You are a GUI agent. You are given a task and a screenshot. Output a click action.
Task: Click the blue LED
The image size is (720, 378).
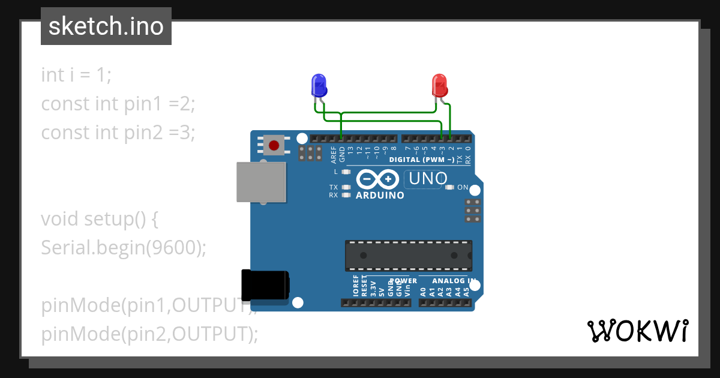[x=319, y=85]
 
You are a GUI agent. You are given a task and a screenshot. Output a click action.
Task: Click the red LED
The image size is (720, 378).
[x=440, y=85]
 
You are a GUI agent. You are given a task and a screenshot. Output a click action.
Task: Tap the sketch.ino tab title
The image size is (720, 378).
[x=106, y=26]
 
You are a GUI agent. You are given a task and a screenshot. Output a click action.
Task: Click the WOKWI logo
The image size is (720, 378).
[x=637, y=331]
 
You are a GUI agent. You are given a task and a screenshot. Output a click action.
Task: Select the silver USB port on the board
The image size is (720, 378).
[x=261, y=182]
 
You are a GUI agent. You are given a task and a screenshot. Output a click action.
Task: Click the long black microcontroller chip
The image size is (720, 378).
[x=408, y=255]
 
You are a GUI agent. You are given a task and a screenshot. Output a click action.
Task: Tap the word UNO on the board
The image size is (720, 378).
[x=426, y=178]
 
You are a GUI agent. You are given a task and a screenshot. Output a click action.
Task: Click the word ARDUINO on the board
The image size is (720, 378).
[x=380, y=196]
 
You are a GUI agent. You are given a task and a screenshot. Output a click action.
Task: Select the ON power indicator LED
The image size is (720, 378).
[x=450, y=187]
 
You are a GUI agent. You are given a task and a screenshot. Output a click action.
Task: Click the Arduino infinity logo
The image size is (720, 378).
[x=377, y=179]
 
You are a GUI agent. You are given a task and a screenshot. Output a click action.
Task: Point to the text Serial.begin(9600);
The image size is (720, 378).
[x=124, y=247]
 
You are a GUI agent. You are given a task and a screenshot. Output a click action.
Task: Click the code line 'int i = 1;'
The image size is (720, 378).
[x=76, y=75]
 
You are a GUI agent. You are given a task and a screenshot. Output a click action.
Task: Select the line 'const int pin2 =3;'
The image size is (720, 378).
[x=118, y=132]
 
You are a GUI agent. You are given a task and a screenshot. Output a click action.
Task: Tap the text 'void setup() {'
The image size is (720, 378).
[x=100, y=219]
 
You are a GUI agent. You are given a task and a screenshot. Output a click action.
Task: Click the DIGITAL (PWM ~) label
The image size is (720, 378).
[x=421, y=160]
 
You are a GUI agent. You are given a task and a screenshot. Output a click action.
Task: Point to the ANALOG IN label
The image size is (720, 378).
[x=455, y=280]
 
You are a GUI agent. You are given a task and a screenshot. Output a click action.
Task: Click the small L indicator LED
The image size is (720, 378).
[x=345, y=172]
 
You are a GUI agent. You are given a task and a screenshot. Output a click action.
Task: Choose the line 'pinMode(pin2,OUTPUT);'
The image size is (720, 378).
[x=149, y=334]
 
